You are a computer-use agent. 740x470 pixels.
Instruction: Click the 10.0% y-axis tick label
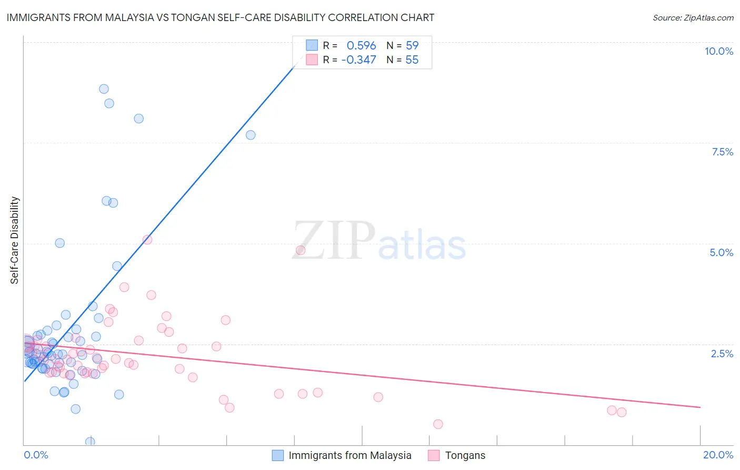coord(718,51)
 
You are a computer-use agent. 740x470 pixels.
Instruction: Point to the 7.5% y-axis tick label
coord(722,152)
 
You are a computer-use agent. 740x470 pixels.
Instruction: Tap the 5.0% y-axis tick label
coord(721,252)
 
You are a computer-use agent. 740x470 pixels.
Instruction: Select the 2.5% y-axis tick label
coord(722,354)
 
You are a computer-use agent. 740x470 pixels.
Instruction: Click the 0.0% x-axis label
coord(36,455)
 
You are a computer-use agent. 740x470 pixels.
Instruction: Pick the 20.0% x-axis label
coord(718,455)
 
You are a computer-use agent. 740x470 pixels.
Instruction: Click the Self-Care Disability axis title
coord(15,240)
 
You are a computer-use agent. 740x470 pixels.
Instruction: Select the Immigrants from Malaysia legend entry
coord(349,455)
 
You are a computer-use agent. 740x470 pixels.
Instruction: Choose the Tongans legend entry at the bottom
coord(465,455)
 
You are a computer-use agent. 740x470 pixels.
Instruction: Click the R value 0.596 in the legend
coord(361,46)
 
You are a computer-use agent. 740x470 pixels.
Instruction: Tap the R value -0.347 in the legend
coord(358,60)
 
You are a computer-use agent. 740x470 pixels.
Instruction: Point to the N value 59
coord(412,46)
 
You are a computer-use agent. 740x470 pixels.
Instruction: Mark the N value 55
coord(412,60)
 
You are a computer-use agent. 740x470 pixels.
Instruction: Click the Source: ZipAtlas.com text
coord(693,18)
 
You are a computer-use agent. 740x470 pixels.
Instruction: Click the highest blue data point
coord(104,89)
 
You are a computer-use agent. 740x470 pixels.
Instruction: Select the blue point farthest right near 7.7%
coord(251,135)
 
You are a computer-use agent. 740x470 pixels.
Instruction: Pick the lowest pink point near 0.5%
coord(438,424)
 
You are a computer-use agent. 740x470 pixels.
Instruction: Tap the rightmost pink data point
coord(622,412)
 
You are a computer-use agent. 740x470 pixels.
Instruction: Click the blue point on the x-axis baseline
coord(90,442)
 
